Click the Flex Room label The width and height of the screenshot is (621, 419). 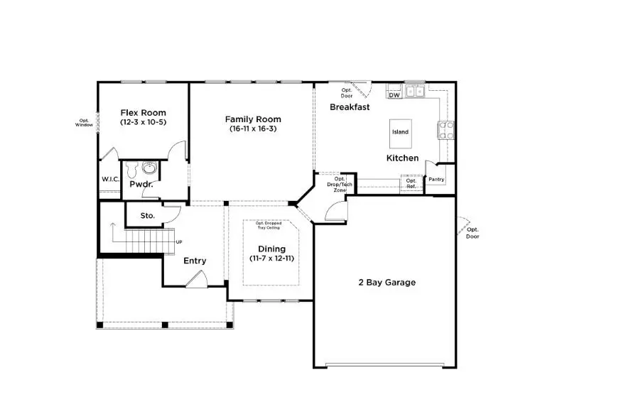(143, 112)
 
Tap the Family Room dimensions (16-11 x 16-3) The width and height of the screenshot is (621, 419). (253, 129)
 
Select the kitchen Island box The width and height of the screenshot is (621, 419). (400, 132)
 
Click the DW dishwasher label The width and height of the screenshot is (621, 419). (394, 94)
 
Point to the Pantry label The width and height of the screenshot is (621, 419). (436, 180)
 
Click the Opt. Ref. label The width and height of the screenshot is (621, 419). (411, 183)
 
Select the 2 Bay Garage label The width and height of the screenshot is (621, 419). (387, 282)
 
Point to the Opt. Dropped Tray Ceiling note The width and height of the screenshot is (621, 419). (268, 225)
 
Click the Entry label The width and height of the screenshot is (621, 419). (195, 261)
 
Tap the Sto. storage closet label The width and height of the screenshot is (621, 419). (147, 214)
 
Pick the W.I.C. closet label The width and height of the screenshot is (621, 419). (110, 179)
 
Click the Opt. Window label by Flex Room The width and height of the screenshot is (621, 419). (85, 122)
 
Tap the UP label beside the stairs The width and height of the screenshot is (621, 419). (179, 242)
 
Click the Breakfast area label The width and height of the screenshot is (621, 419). (350, 107)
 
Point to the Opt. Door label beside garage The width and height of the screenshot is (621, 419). (472, 232)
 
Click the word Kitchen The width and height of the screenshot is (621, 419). (402, 158)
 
